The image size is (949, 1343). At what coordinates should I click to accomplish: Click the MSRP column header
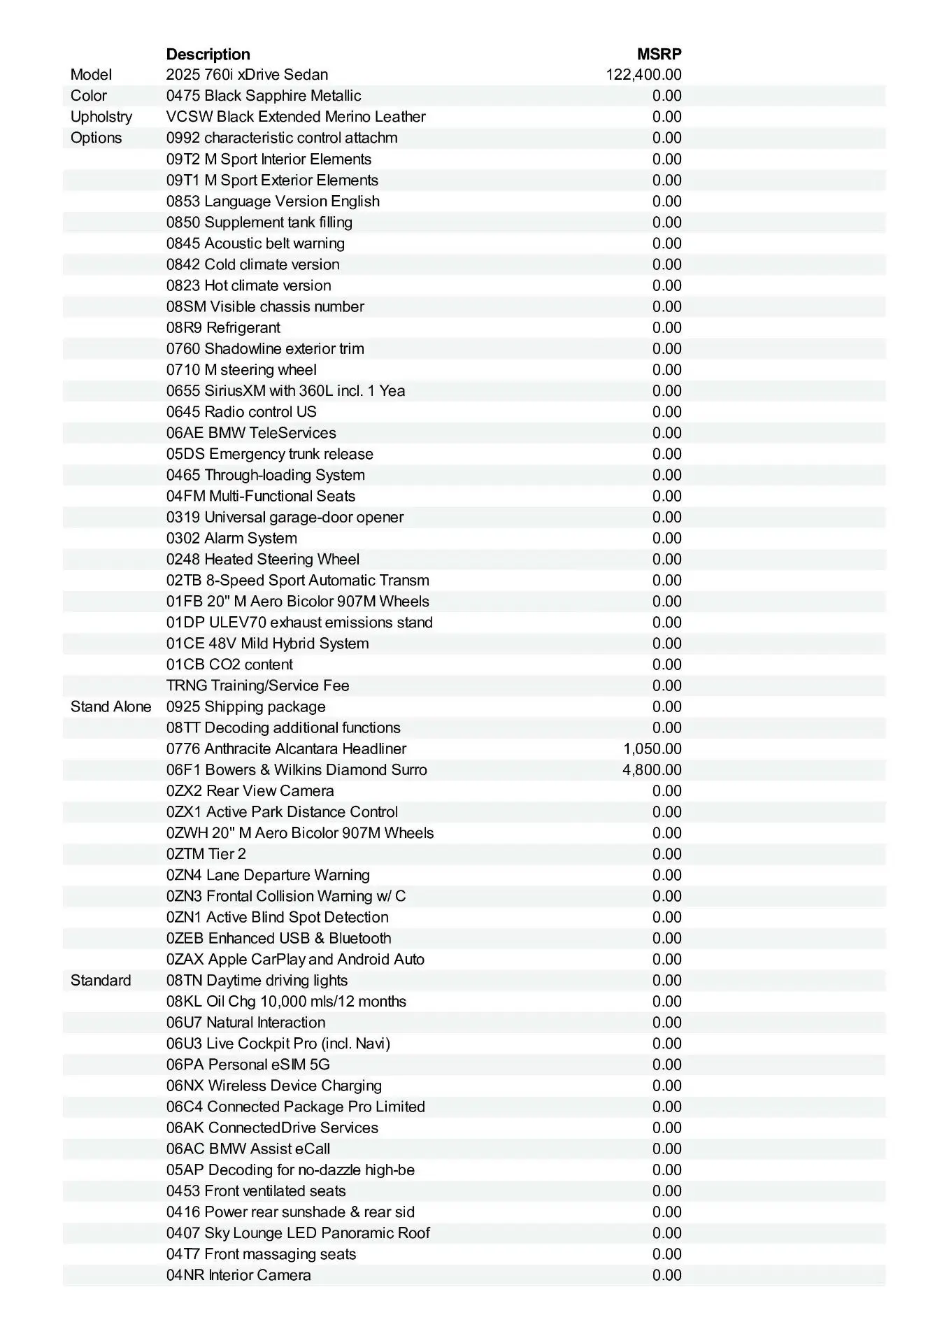click(659, 54)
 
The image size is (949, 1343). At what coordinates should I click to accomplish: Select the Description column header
click(208, 54)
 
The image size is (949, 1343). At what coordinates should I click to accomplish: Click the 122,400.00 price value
click(643, 75)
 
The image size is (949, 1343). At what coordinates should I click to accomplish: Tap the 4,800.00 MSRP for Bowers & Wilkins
click(652, 770)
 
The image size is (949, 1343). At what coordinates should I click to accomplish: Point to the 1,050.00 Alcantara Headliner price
click(652, 749)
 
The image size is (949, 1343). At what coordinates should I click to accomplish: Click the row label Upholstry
click(101, 117)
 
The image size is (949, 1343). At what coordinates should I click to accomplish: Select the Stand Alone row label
click(110, 706)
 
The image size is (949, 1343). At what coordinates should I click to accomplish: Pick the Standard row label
click(101, 981)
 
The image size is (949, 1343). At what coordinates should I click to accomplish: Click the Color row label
click(89, 96)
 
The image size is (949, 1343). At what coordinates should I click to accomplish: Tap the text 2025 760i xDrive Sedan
click(247, 75)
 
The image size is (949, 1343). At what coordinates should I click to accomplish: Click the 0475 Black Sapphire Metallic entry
click(264, 96)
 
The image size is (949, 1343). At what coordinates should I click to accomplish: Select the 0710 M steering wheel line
click(241, 370)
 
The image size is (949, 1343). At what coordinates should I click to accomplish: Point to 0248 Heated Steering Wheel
click(263, 560)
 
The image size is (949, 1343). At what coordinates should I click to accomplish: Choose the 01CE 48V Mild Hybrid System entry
click(267, 644)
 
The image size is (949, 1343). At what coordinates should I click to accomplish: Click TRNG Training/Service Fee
click(257, 685)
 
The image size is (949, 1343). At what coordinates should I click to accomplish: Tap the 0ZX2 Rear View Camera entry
click(250, 791)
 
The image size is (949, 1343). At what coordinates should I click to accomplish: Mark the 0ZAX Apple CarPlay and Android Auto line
click(295, 960)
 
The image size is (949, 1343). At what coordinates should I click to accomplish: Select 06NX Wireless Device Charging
click(274, 1086)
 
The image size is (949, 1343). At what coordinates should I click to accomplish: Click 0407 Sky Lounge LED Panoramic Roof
click(298, 1233)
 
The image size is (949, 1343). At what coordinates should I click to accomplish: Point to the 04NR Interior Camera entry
click(238, 1275)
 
